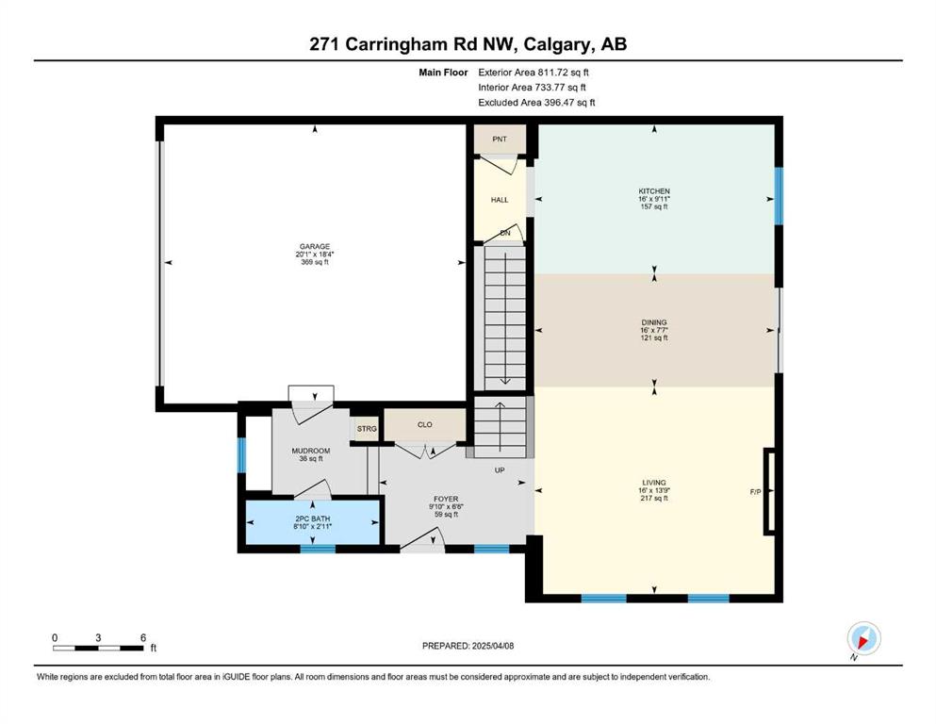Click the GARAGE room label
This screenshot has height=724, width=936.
(x=315, y=246)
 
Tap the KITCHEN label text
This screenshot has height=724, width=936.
(x=654, y=191)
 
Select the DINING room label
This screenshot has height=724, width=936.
(x=654, y=322)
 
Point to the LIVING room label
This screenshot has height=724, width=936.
(x=654, y=483)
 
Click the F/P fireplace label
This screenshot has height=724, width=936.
(x=756, y=492)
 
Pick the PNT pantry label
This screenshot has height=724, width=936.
(x=500, y=140)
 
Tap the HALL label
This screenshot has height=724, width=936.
(x=500, y=200)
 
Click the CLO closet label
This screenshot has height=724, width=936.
(x=425, y=425)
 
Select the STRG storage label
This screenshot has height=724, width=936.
(x=367, y=429)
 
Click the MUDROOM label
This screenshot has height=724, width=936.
(x=311, y=451)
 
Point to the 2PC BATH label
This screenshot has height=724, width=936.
(x=312, y=518)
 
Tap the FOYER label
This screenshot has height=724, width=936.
(x=446, y=499)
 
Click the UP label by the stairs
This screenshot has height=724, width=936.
(x=500, y=470)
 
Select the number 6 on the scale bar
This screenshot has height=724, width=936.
(x=143, y=637)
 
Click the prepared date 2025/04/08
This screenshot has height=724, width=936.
(x=493, y=646)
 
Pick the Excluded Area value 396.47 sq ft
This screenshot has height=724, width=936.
(x=569, y=102)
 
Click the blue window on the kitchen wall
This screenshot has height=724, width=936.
(x=779, y=196)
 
